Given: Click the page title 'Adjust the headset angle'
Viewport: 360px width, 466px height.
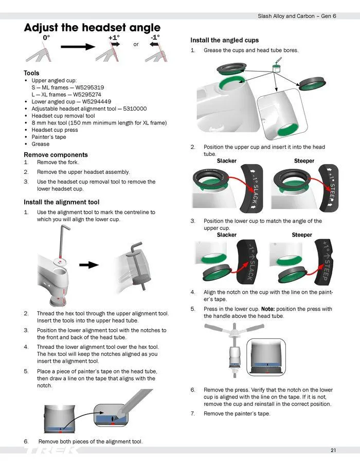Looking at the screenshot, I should [x=92, y=28].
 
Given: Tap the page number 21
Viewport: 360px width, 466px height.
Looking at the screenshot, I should [x=333, y=451].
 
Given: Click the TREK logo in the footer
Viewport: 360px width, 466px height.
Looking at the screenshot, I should [x=51, y=450].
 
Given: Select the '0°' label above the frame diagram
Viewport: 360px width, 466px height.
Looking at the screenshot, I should [x=46, y=38].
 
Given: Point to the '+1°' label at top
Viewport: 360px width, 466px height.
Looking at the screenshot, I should [x=114, y=38].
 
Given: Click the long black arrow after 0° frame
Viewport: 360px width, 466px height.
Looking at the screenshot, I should [x=78, y=47].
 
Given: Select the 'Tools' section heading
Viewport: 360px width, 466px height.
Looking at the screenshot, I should [x=31, y=73].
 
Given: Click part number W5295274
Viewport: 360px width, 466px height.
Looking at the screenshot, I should [x=87, y=95].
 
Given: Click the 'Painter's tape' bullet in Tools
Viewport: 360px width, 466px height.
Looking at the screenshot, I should [x=49, y=137].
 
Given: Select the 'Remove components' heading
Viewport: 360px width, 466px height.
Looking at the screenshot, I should [x=56, y=155].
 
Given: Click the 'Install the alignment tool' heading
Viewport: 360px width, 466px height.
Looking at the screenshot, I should [x=61, y=202].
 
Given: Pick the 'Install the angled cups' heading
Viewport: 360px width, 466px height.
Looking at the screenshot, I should [x=224, y=40].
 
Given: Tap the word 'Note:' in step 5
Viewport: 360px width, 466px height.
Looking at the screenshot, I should [x=269, y=309].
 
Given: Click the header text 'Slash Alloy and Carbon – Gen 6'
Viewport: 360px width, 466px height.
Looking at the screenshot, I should [x=297, y=16].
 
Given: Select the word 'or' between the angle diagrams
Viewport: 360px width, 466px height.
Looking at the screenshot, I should [x=136, y=44].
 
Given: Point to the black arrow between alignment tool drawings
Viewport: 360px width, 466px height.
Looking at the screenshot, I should [x=92, y=265].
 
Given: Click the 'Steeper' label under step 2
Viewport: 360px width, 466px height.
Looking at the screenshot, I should [x=304, y=161].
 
